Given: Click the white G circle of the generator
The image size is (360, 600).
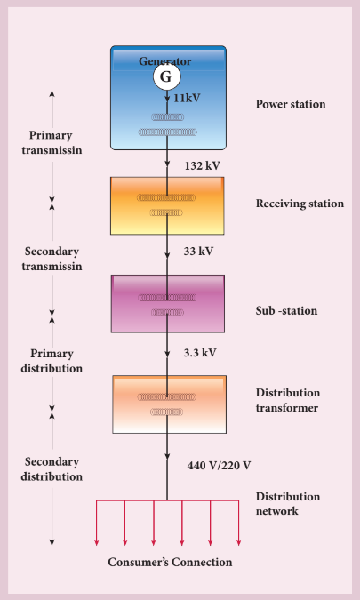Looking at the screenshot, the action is pos(166,76).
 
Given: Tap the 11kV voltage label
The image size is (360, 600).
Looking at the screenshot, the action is pos(187,99).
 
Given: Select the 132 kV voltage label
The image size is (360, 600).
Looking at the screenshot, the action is pos(203,166).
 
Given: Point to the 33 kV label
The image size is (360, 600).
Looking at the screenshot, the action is pos(198,252).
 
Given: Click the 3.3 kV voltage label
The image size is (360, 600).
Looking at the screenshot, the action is pos(200,353).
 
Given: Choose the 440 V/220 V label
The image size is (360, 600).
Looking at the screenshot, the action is pos(220,466).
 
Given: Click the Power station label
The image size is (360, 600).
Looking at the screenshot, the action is pos(291,104).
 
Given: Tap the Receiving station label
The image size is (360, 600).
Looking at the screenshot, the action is pos(300,204).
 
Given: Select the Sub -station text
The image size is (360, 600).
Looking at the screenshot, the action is pos(286,310).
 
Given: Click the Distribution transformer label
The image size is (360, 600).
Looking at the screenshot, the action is pos(288,400).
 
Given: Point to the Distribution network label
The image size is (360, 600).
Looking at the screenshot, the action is pos(288,504).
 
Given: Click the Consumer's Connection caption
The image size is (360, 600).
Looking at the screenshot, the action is pos(170,562).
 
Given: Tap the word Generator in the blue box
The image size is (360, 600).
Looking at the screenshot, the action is pos(164,61).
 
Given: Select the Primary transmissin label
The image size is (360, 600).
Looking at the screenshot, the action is pos(52,142).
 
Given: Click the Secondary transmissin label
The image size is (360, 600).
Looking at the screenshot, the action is pos(52,259).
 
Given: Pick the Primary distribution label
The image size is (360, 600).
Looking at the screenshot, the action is pos(52,361).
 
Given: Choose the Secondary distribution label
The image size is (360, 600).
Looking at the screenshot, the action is pos(52,469).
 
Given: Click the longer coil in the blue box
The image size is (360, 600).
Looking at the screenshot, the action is pos(167,132).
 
